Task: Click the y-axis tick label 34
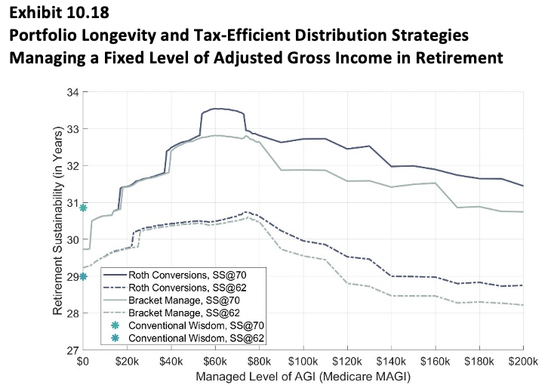pos(72,92)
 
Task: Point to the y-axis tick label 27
pos(72,350)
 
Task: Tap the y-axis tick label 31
pos(72,202)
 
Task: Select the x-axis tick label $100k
pos(303,362)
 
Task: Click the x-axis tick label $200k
pos(523,362)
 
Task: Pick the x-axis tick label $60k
pos(215,362)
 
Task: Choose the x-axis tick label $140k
pos(391,362)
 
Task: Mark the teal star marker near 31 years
pos(83,208)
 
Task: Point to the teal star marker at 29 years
pos(83,276)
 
